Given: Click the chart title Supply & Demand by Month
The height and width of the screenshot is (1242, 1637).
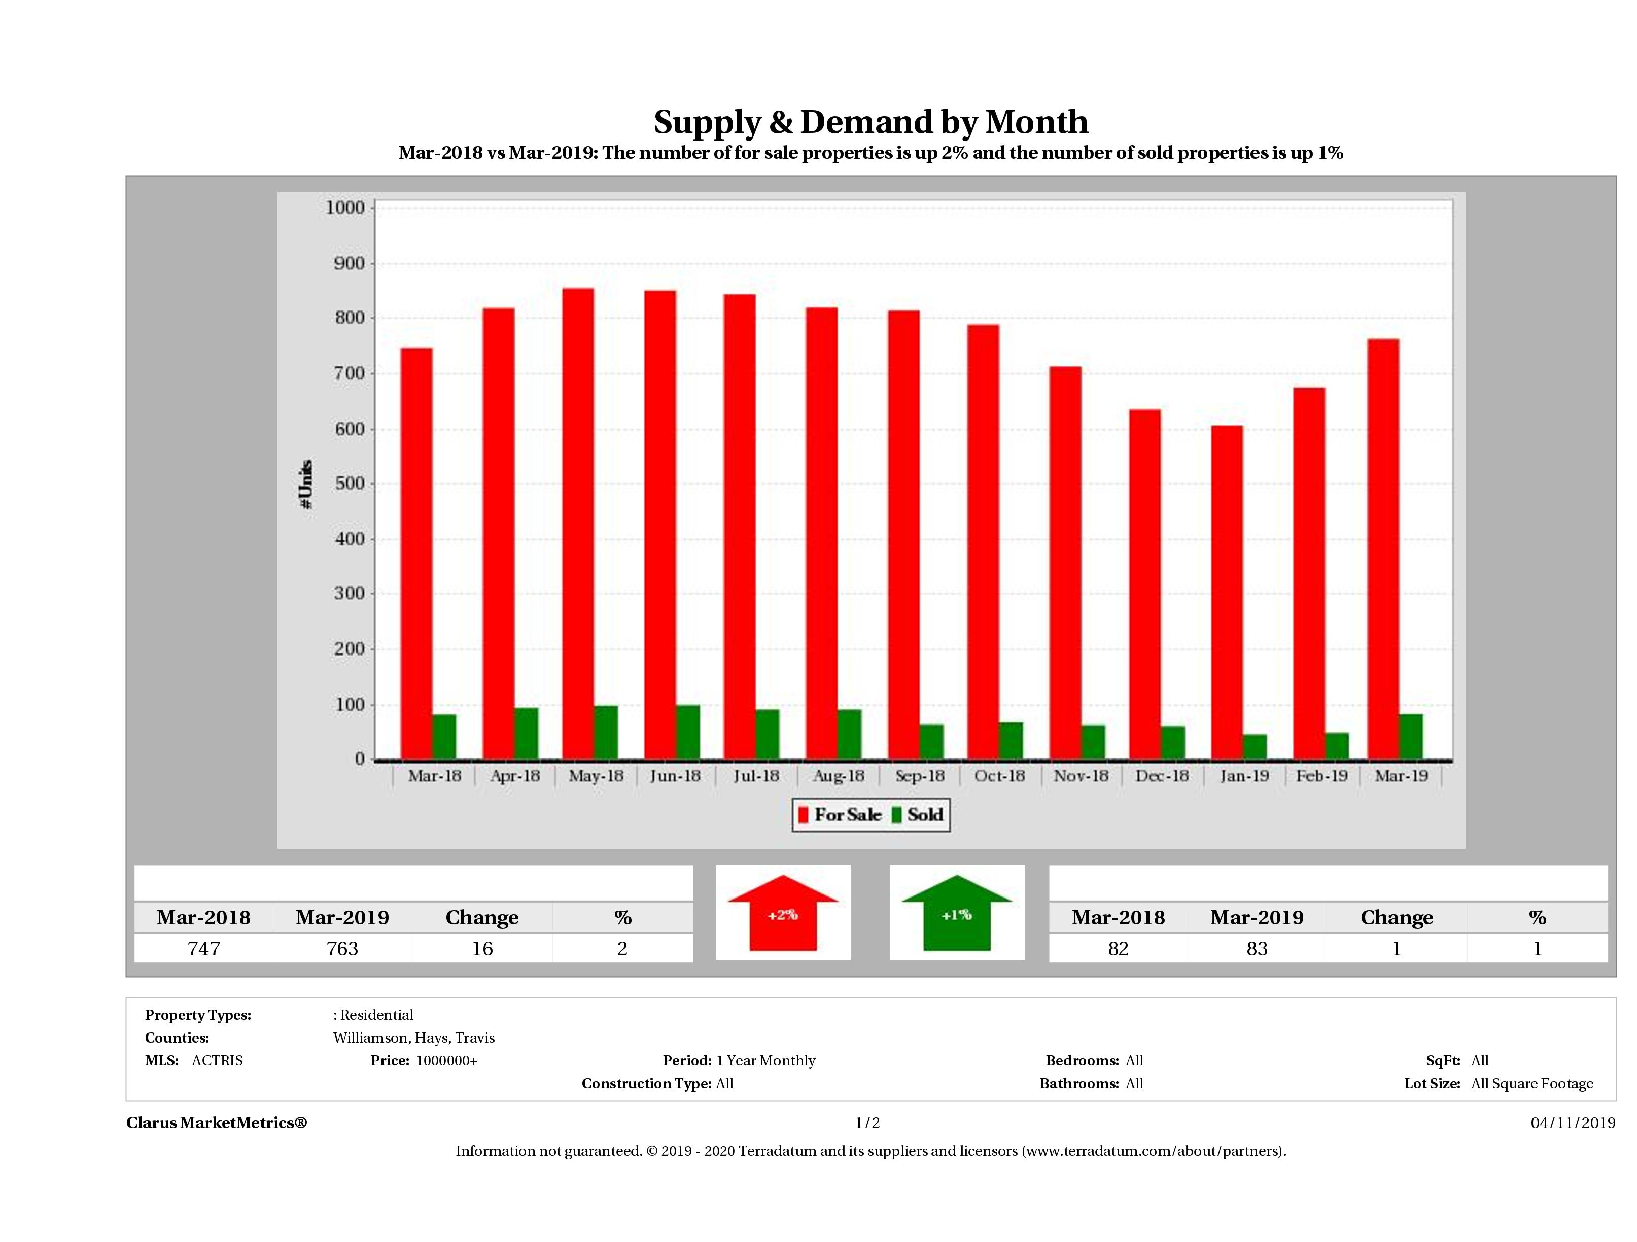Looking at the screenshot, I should pos(870,122).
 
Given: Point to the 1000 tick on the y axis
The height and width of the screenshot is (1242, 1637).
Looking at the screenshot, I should pos(345,208).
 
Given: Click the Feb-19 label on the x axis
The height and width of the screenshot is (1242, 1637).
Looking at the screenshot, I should pos(1322,776).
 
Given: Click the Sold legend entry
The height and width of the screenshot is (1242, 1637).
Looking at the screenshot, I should pos(918,815).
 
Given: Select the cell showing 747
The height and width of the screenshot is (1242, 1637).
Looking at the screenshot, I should pos(203,949).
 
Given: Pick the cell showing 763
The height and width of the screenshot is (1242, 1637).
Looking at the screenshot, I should pos(342,949).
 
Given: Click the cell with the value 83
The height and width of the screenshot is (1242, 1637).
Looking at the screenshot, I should pos(1257,949).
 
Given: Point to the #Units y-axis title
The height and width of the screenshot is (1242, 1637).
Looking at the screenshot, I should pos(306,484).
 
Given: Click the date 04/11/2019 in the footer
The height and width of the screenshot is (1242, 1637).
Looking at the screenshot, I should pos(1573,1123).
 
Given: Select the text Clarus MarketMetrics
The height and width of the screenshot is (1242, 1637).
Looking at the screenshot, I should pos(216,1123).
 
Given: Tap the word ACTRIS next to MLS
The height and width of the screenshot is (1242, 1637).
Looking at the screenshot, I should pos(217,1061).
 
